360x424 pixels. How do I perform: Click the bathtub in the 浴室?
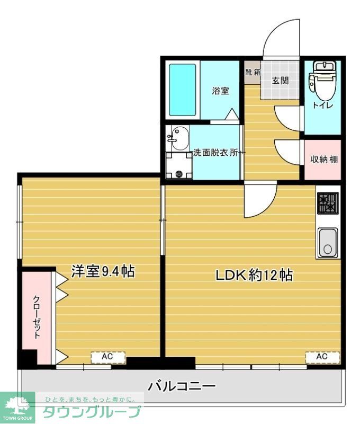(x=183, y=90)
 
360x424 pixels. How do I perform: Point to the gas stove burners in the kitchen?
(x=327, y=203)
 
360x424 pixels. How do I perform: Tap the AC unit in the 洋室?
(x=107, y=357)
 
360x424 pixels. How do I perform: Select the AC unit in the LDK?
(x=322, y=357)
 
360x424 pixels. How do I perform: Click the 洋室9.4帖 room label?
(x=103, y=271)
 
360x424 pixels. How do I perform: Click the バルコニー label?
(x=182, y=386)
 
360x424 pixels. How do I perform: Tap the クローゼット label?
(x=37, y=316)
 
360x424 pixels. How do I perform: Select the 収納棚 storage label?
(x=322, y=160)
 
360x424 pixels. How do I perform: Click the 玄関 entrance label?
(x=280, y=81)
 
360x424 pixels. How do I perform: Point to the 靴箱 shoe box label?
(x=253, y=72)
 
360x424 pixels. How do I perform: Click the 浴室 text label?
(x=220, y=91)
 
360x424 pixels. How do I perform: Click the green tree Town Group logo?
(x=17, y=408)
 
